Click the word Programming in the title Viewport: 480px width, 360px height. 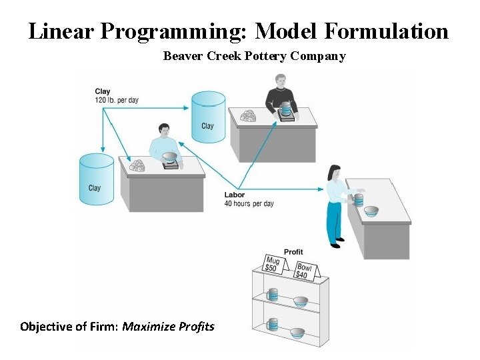pyautogui.click(x=179, y=31)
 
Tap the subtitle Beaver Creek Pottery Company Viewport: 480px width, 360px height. pyautogui.click(x=254, y=56)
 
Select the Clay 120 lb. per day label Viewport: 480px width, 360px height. pyautogui.click(x=117, y=95)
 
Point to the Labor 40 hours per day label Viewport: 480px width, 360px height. pyautogui.click(x=249, y=199)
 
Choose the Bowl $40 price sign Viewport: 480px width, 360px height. pyautogui.click(x=305, y=269)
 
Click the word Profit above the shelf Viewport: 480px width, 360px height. pyautogui.click(x=293, y=251)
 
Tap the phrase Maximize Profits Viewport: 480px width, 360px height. pyautogui.click(x=169, y=327)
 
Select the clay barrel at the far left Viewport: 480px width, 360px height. pyautogui.click(x=95, y=180)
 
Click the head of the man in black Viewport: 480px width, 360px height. pyautogui.click(x=279, y=79)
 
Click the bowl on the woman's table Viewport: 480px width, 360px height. pyautogui.click(x=371, y=211)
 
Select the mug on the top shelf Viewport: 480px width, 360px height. pyautogui.click(x=272, y=294)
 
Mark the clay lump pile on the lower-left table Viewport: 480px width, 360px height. pyautogui.click(x=137, y=165)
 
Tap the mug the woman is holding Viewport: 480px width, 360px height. pyautogui.click(x=359, y=199)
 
